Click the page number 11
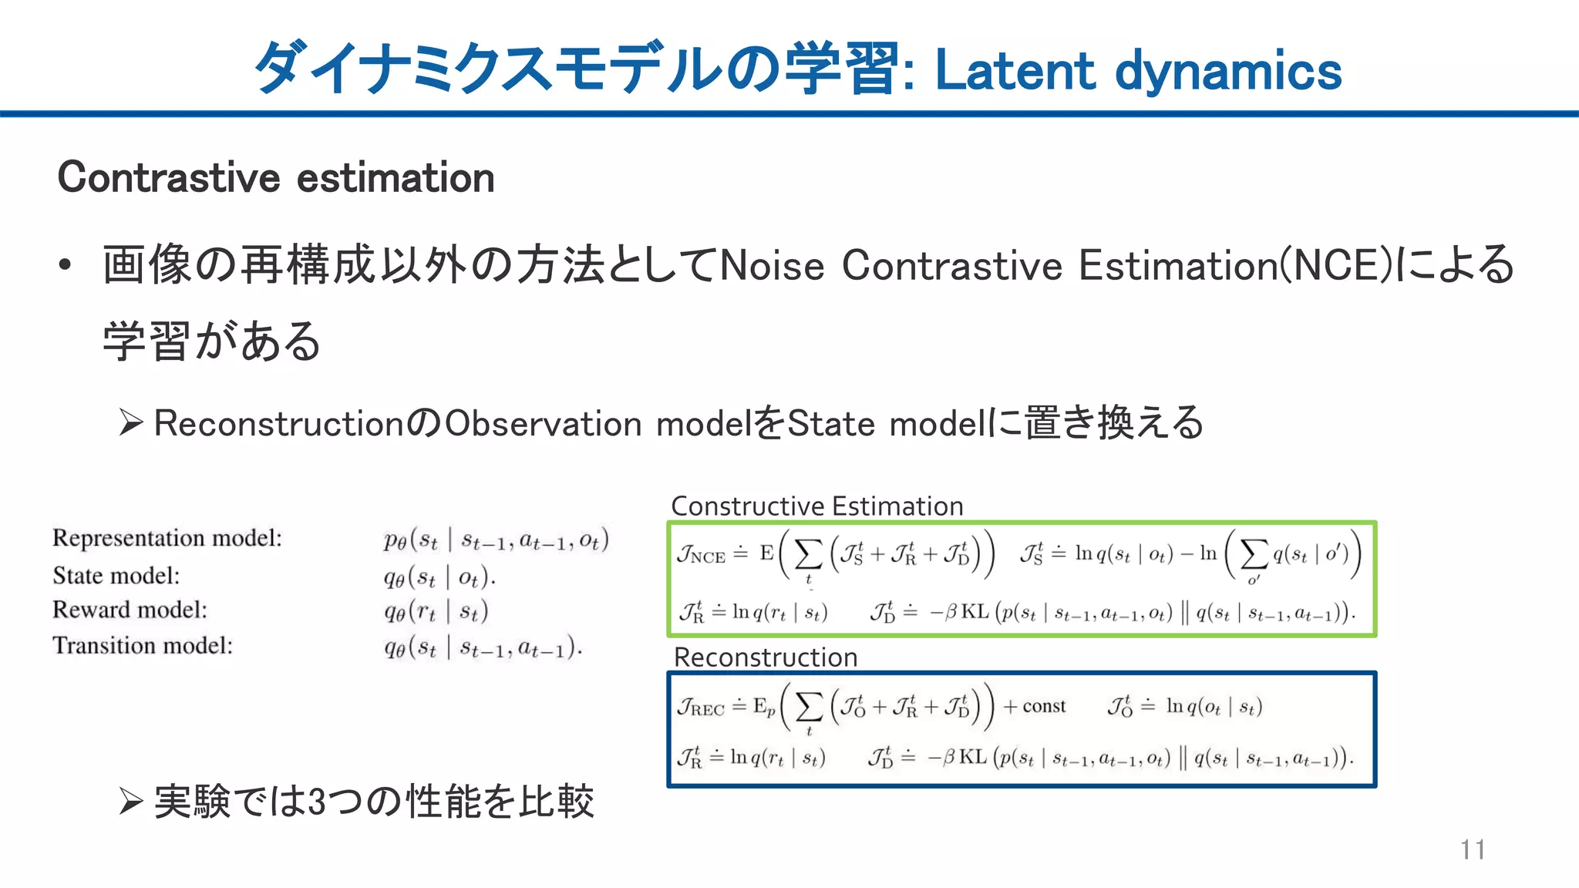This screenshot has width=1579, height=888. [1472, 849]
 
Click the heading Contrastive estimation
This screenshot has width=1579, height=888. [276, 178]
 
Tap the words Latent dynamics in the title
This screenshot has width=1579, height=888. [1138, 71]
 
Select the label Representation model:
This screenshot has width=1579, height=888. [167, 538]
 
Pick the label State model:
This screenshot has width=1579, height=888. [116, 576]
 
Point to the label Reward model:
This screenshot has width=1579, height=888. [130, 610]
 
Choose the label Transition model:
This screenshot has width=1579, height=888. [143, 645]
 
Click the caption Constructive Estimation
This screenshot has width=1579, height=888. [817, 506]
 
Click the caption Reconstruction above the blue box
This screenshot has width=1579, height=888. [766, 658]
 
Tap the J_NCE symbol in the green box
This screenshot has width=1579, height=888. [702, 554]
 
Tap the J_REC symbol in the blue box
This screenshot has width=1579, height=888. [701, 707]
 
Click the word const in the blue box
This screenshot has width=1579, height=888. [1044, 706]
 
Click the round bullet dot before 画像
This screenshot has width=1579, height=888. [66, 266]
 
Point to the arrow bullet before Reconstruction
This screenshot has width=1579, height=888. [131, 422]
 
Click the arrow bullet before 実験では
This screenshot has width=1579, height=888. [131, 802]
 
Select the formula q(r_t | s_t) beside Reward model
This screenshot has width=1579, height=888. [436, 611]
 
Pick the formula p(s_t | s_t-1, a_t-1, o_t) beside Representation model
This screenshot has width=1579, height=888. [497, 540]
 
